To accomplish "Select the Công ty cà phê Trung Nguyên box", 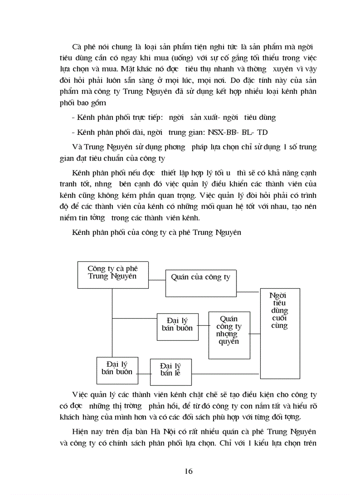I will tap(112, 275).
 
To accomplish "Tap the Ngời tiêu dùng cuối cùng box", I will tap(280, 333).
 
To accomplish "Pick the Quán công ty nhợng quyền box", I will tap(229, 335).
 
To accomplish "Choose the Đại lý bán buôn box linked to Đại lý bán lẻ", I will tap(117, 370).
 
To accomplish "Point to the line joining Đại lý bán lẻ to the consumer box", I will tap(225, 374).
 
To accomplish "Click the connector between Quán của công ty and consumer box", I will tap(247, 292).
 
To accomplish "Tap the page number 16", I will tap(188, 471).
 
